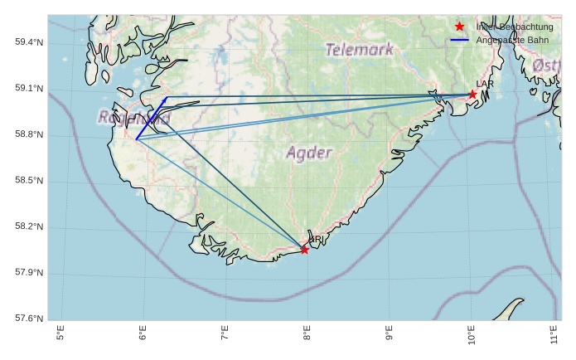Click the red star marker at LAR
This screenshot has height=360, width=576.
click(x=472, y=95)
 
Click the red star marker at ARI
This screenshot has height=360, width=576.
click(x=305, y=250)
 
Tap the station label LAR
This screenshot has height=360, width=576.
click(x=485, y=85)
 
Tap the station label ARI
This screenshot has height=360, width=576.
click(x=316, y=240)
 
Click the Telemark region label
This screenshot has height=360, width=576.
click(x=360, y=50)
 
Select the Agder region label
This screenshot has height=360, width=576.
click(x=309, y=153)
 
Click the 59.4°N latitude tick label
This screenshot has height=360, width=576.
click(x=30, y=43)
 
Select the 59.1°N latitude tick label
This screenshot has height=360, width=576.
click(x=30, y=90)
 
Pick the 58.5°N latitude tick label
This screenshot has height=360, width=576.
click(x=30, y=182)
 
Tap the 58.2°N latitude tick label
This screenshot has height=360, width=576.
click(x=30, y=227)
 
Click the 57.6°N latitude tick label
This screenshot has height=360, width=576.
click(x=30, y=319)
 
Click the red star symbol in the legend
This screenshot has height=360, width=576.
click(x=460, y=27)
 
